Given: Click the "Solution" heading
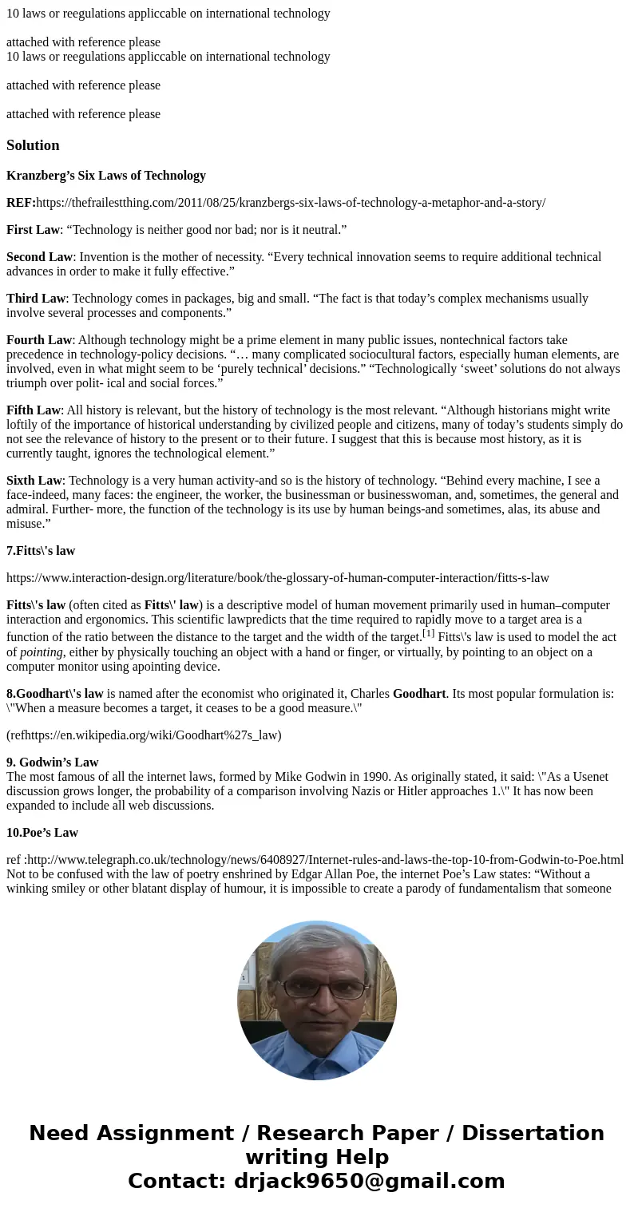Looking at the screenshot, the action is click(x=33, y=145).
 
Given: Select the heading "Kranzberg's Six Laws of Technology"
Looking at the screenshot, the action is click(x=106, y=176).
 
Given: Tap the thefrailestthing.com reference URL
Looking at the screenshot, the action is click(x=291, y=203).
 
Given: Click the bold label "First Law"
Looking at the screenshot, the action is click(x=33, y=230).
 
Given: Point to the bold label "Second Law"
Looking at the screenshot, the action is click(x=39, y=257).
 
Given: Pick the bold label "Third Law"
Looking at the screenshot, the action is click(x=36, y=299).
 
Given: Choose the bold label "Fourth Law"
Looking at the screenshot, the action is click(x=39, y=340).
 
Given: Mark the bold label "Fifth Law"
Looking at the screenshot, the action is click(x=34, y=410).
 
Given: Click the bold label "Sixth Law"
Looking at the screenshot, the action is click(x=34, y=481).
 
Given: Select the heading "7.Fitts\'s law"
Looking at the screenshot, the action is click(x=41, y=551).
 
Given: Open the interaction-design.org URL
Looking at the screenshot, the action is click(x=278, y=578).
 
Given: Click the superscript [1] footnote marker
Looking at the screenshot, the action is click(x=428, y=633).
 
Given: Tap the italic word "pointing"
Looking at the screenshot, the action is click(x=42, y=652).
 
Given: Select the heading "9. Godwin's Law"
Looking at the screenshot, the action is click(x=53, y=762).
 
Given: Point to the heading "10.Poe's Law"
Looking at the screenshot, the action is click(x=42, y=833).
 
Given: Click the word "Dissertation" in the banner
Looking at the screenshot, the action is click(x=533, y=1134).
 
